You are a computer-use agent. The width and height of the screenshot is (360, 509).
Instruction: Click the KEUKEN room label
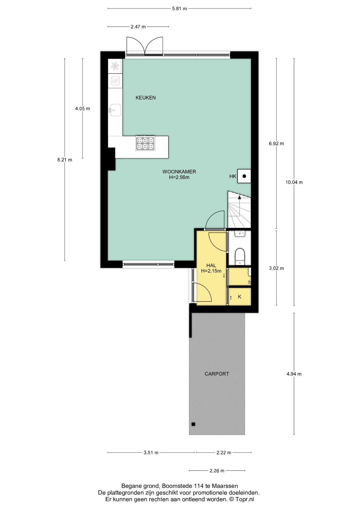pos(146,98)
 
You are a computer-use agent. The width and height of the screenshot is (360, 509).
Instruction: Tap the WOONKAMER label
pos(179,172)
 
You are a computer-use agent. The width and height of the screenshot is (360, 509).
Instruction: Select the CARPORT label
pos(217,374)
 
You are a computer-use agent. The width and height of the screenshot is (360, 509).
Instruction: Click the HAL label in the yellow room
pos(211,265)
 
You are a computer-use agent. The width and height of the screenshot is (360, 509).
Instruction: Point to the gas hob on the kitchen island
pos(145,143)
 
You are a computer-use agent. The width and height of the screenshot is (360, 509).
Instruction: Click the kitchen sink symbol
pos(115,110)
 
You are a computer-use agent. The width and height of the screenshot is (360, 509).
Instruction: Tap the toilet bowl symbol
pos(240,256)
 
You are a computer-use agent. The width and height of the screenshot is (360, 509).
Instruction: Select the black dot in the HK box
pos(244,176)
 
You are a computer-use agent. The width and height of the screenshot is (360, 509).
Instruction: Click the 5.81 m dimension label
pos(179,8)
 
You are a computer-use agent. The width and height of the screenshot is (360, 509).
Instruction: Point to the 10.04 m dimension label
pos(294,182)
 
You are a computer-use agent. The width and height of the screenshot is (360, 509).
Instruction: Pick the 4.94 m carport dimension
pos(294,374)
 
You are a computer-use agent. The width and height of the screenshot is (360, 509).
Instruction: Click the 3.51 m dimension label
pos(151,453)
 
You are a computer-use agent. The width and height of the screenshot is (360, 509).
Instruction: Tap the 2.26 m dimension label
pos(217,471)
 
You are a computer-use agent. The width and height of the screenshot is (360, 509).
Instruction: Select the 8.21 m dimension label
pos(65,160)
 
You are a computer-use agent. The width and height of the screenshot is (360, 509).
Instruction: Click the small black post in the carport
pos(193,424)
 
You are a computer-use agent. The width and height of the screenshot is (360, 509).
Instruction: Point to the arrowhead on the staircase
pos(239,197)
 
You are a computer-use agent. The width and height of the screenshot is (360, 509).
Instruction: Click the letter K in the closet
pos(240,297)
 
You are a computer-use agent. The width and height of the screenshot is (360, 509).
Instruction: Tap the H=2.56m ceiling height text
pos(179,177)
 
